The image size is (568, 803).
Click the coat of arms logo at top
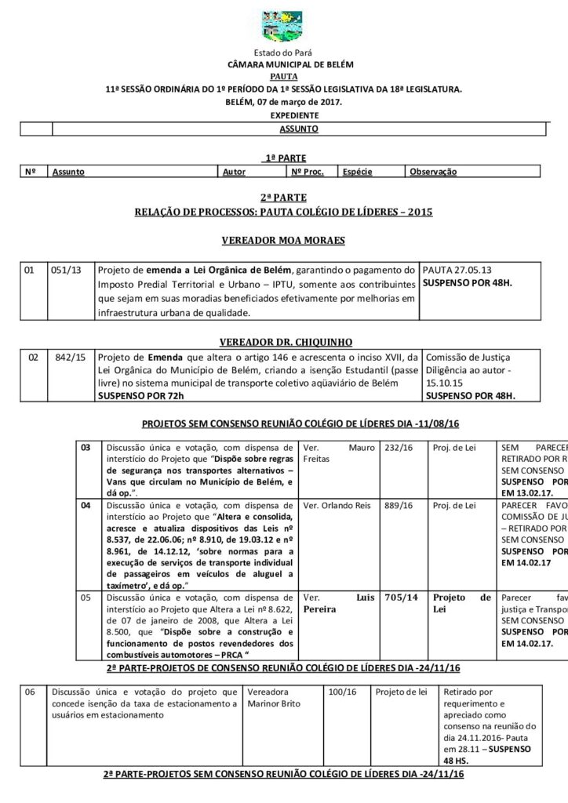click(x=283, y=24)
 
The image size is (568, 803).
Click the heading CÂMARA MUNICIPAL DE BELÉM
click(x=283, y=62)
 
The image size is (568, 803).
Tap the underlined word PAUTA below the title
click(x=283, y=76)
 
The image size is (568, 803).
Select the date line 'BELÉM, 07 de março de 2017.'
click(x=283, y=103)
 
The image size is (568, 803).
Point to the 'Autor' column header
click(x=235, y=171)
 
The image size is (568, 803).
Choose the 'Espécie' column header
click(x=357, y=171)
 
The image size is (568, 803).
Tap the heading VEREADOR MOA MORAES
click(x=283, y=240)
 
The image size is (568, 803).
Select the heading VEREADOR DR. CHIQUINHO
click(x=283, y=342)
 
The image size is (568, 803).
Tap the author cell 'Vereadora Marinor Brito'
click(x=268, y=698)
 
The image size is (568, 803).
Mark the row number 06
click(x=31, y=692)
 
